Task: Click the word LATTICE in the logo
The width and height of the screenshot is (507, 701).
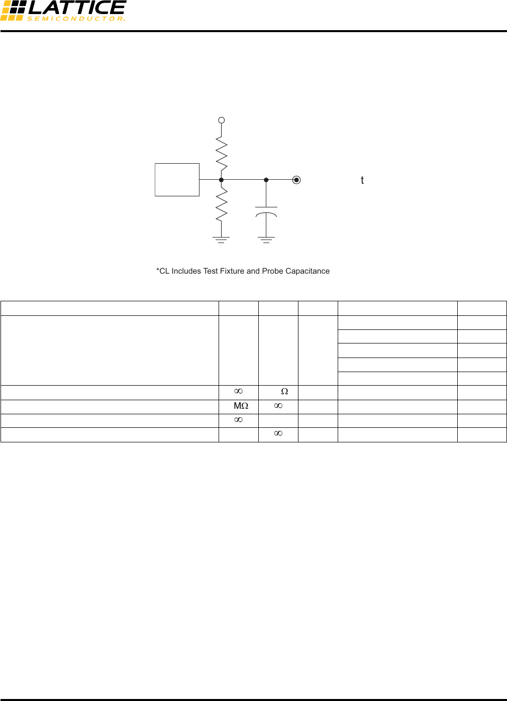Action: (x=77, y=7)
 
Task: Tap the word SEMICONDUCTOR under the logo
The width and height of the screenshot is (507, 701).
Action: (x=76, y=19)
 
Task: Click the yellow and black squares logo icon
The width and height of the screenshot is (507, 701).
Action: (x=13, y=11)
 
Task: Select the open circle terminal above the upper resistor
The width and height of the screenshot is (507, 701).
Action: (x=222, y=120)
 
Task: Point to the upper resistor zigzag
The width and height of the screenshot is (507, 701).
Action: (x=222, y=154)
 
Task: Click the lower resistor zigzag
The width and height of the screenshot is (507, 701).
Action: (x=222, y=204)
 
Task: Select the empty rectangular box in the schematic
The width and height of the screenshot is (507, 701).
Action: (x=177, y=180)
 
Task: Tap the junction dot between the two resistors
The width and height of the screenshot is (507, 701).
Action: (x=222, y=180)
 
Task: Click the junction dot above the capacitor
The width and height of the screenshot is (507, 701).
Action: (x=266, y=180)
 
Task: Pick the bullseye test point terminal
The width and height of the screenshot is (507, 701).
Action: (x=296, y=180)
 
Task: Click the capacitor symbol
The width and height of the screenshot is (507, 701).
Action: (x=266, y=212)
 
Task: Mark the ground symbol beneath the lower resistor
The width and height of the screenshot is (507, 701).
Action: (x=221, y=240)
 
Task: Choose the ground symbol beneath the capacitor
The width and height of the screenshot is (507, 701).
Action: (x=266, y=240)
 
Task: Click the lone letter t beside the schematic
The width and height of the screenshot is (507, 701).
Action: (x=362, y=180)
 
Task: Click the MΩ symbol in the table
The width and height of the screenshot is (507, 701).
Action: (x=241, y=406)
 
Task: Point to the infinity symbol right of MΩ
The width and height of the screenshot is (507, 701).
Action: (x=278, y=406)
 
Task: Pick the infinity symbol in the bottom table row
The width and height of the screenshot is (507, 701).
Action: (x=278, y=433)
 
